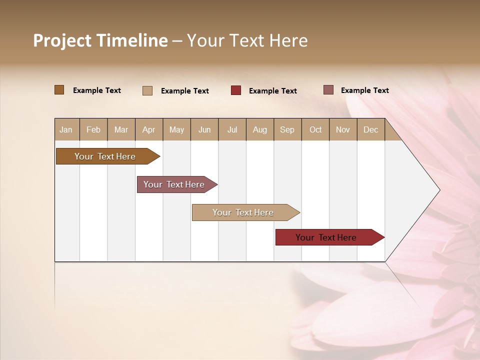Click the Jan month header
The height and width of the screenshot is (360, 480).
point(66,129)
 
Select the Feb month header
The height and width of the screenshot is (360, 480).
point(93,129)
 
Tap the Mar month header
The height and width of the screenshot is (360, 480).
point(121,129)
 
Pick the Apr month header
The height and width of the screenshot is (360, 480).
point(148,129)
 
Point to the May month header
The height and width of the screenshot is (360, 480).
point(176,129)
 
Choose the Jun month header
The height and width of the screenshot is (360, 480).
point(204,129)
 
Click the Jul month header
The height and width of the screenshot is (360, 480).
point(232,129)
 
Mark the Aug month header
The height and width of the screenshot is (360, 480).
point(259,129)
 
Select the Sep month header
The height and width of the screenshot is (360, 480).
point(287,129)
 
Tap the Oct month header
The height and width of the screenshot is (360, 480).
point(315,129)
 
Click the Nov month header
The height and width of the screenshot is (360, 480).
point(343,129)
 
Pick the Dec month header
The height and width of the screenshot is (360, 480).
point(370,129)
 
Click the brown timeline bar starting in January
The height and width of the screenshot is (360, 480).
point(105,156)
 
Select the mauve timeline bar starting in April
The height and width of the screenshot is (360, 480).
point(174,184)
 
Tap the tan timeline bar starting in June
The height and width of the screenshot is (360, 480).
point(243,212)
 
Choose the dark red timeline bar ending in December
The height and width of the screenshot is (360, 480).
point(326,237)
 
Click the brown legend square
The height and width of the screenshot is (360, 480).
point(59,90)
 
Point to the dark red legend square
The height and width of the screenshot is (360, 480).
point(236,90)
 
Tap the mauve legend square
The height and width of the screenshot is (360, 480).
point(328,90)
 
